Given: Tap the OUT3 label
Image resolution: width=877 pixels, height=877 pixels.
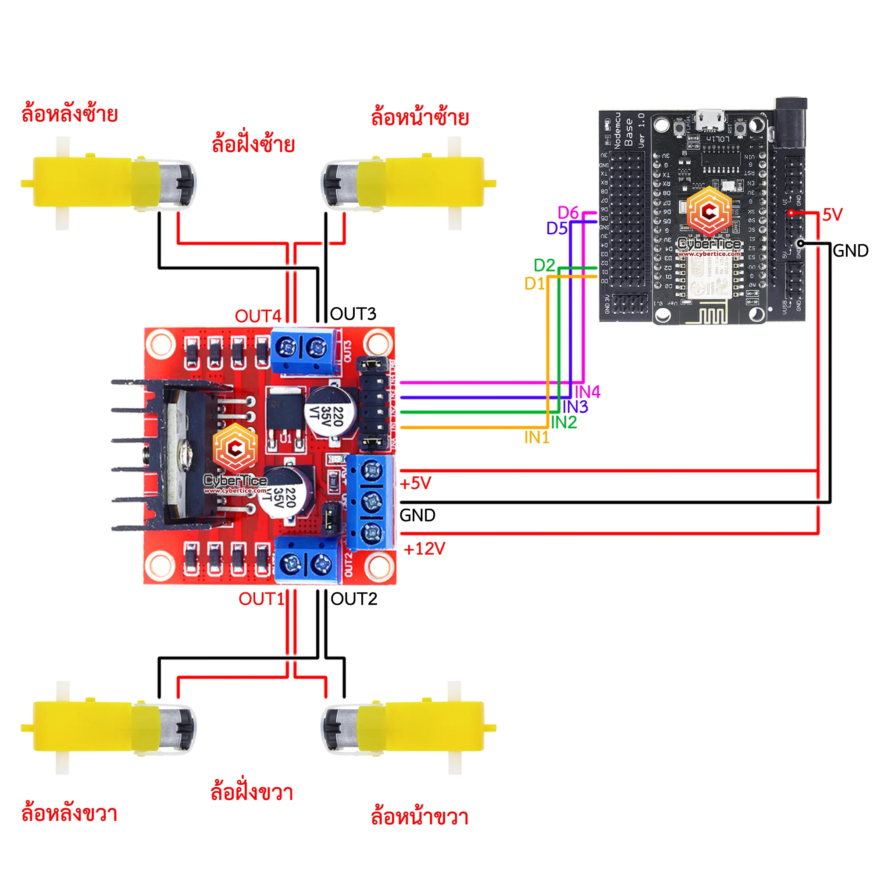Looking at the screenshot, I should (353, 314).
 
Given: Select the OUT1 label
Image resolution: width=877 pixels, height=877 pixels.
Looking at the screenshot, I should (261, 599).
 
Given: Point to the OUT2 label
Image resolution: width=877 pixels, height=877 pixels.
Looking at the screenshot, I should (353, 599).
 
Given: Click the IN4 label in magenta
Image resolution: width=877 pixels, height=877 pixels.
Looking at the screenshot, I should (588, 392).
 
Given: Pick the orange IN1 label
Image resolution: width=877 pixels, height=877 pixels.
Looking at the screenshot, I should (537, 438).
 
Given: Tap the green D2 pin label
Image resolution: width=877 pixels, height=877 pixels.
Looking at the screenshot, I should (544, 265).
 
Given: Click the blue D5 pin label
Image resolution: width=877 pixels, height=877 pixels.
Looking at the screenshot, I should (556, 228).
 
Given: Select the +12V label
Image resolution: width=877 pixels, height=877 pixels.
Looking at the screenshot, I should (424, 549).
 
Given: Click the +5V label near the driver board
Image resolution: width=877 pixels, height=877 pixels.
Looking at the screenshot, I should (415, 483).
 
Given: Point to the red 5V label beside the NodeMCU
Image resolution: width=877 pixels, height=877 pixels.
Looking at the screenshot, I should (833, 215).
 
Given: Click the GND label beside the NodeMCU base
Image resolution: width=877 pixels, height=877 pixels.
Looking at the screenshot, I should (851, 250).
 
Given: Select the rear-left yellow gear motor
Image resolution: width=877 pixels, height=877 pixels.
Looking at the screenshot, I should (109, 182).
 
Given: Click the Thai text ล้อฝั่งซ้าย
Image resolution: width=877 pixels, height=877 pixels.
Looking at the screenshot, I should (253, 144).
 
